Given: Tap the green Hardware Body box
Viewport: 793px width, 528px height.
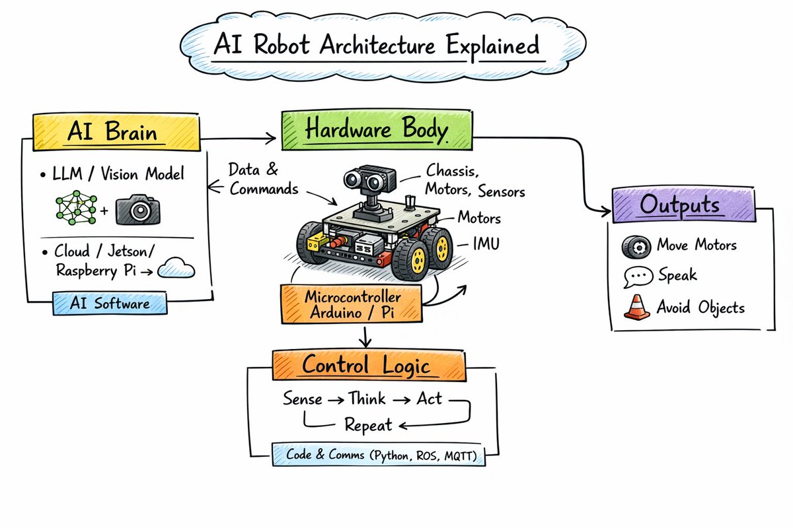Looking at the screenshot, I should click(x=376, y=129).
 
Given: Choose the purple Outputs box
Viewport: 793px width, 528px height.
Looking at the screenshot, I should click(x=683, y=205).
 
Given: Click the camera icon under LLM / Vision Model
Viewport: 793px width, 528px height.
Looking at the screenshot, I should click(x=138, y=209).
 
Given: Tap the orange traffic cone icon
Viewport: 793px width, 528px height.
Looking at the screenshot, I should click(x=636, y=308).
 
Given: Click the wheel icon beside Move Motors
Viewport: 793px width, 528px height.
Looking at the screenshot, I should click(x=636, y=246).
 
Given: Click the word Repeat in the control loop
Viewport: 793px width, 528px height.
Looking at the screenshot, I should click(x=368, y=424).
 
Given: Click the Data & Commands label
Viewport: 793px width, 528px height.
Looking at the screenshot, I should click(x=263, y=179).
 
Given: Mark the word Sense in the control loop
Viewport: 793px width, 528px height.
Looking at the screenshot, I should click(x=303, y=399).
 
